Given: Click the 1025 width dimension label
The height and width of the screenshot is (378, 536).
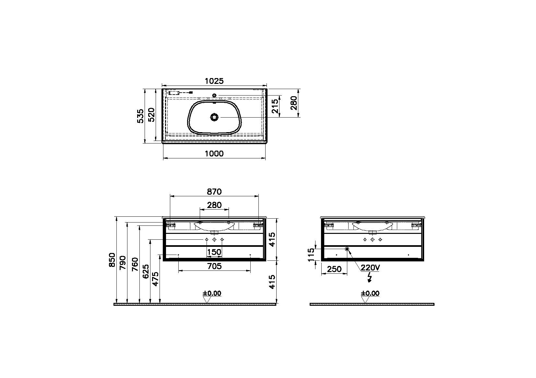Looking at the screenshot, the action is pyautogui.click(x=214, y=81).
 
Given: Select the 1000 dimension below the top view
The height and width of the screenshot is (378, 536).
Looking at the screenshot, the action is pyautogui.click(x=214, y=154).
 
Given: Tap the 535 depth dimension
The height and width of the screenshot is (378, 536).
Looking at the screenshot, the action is pyautogui.click(x=140, y=116).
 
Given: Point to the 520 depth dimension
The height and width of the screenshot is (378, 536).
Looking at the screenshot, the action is pyautogui.click(x=151, y=115).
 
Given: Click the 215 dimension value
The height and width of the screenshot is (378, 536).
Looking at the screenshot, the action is pyautogui.click(x=275, y=106).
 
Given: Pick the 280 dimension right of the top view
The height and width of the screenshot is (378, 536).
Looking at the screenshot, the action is pyautogui.click(x=293, y=103).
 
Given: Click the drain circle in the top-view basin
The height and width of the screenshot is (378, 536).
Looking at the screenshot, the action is pyautogui.click(x=214, y=117).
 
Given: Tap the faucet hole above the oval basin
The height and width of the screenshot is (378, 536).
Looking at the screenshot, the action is pyautogui.click(x=214, y=96).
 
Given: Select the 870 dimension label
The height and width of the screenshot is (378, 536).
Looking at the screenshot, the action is pyautogui.click(x=214, y=191).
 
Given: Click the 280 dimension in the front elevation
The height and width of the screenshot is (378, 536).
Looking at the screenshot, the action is pyautogui.click(x=214, y=205).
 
